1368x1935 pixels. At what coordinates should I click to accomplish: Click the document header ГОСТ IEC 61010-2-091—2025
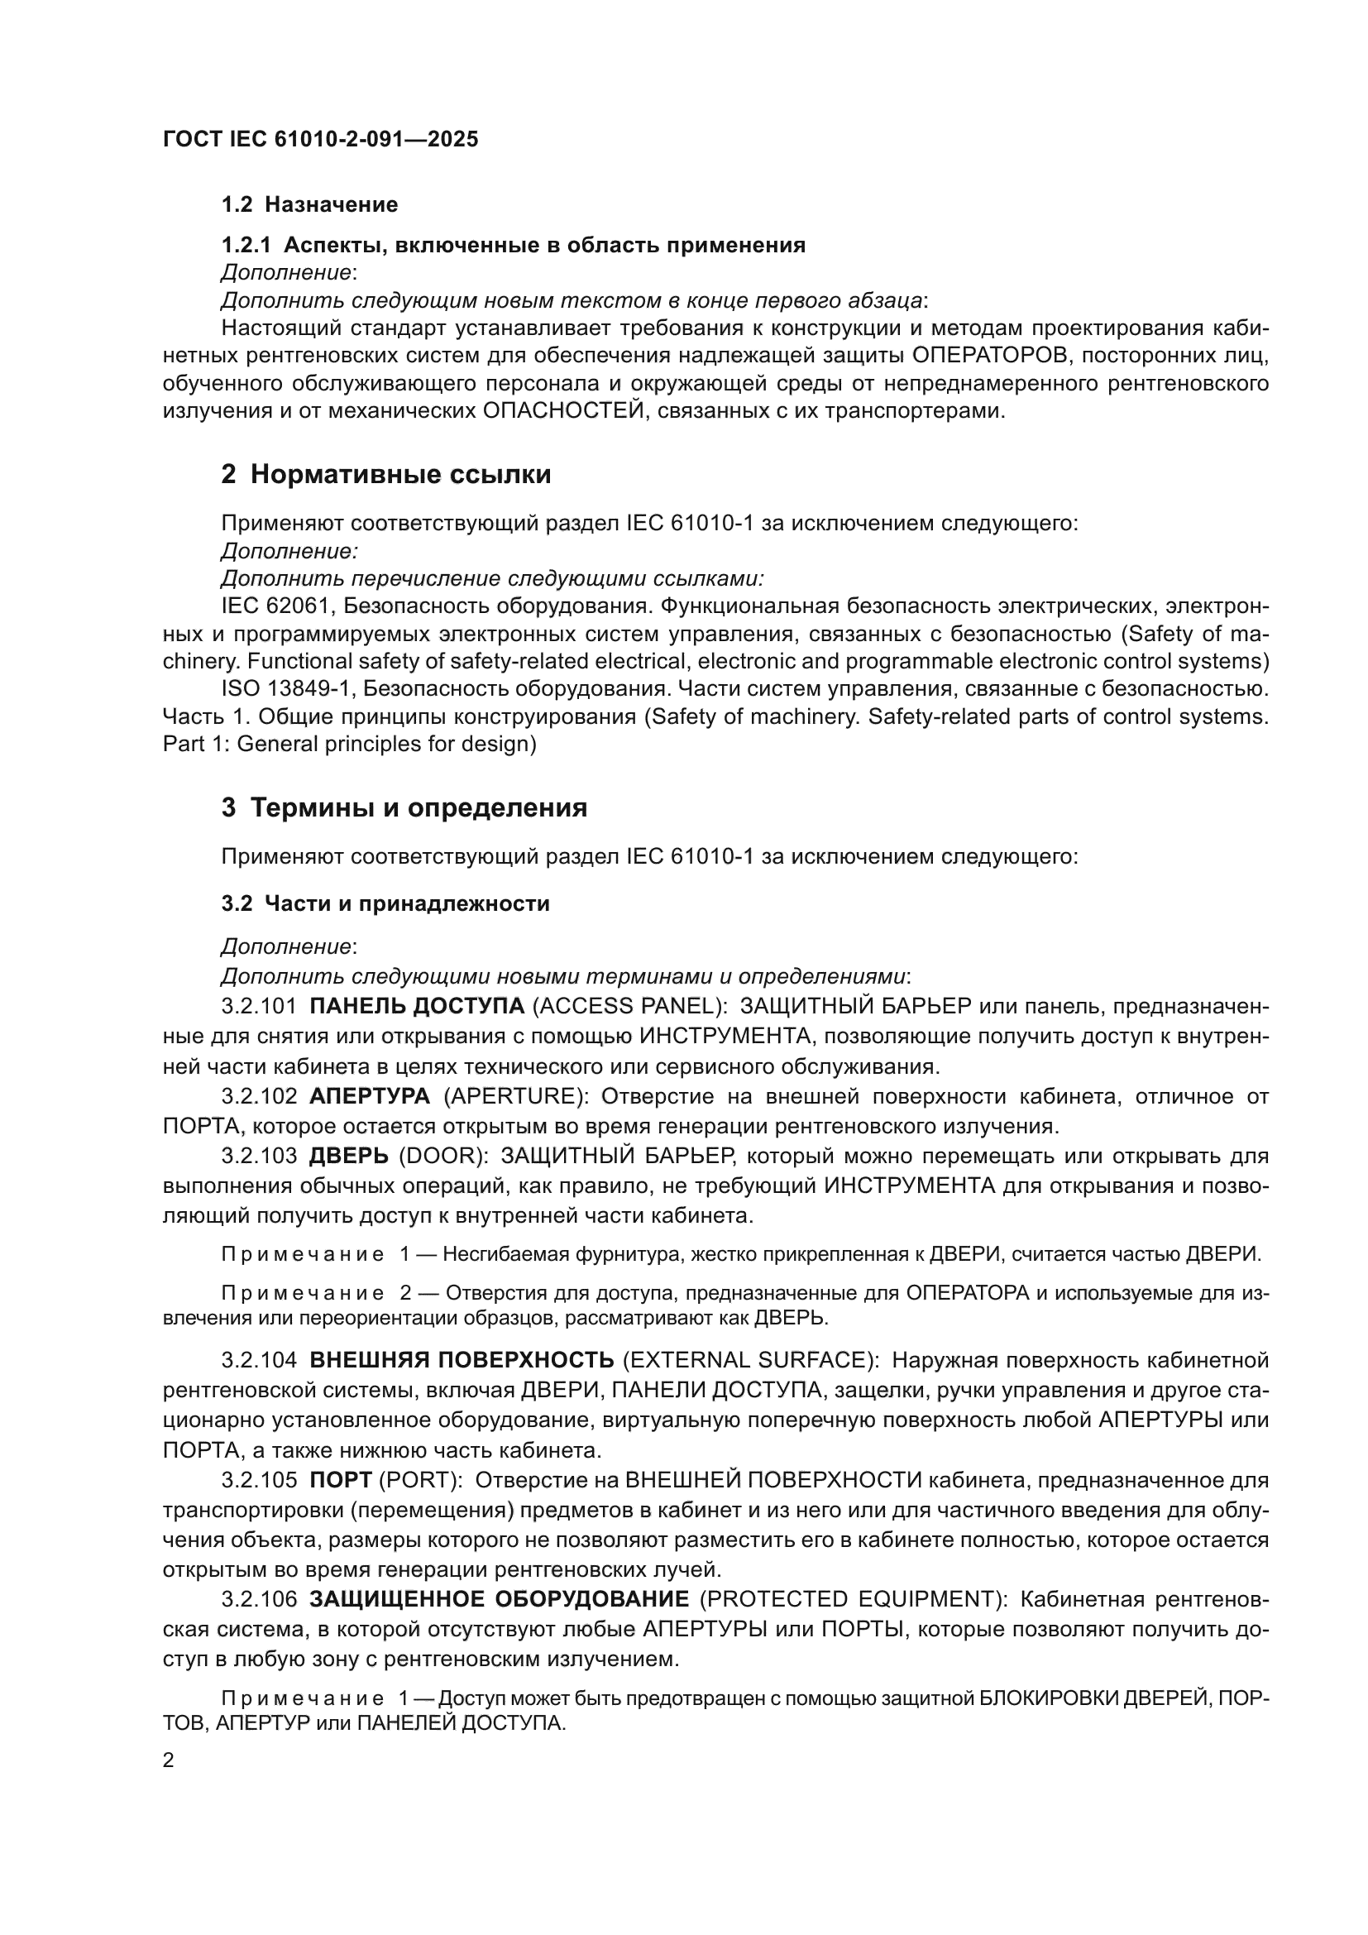(320, 139)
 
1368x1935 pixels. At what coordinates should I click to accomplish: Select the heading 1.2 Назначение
(309, 205)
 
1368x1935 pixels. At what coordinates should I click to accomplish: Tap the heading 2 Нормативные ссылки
(385, 476)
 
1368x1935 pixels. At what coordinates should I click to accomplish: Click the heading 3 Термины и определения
(404, 808)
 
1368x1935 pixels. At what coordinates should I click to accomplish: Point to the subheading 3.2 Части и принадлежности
(385, 904)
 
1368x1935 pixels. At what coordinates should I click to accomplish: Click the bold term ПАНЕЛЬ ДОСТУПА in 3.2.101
(417, 1006)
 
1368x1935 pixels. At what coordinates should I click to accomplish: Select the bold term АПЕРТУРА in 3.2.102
(370, 1096)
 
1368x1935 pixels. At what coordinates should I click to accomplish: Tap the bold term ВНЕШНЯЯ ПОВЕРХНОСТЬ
(462, 1360)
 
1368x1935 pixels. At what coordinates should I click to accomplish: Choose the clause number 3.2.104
(260, 1360)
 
